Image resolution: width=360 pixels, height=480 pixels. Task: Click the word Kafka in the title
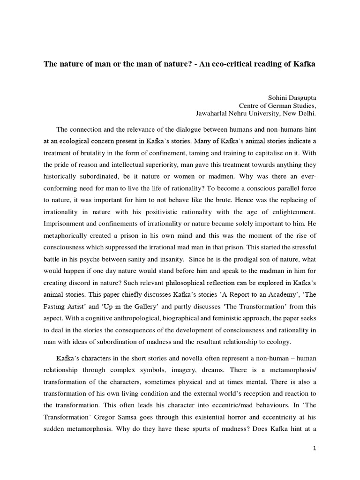[304, 64]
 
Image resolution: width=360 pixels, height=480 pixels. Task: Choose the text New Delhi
[299, 113]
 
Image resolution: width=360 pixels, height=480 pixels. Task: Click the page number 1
[315, 448]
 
